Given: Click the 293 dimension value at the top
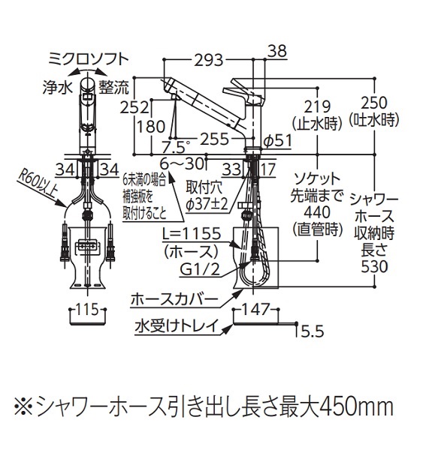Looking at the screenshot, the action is click(209, 60).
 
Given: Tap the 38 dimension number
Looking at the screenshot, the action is click(278, 51).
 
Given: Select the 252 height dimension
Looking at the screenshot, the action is click(134, 108).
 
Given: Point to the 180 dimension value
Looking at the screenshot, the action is click(151, 127).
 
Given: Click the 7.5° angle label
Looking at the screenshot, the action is click(175, 147).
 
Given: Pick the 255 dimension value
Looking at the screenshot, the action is click(214, 139).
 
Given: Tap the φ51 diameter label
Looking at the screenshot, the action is click(278, 141).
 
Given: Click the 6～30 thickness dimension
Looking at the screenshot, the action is click(182, 164).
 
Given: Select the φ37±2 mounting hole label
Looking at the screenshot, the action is click(207, 204).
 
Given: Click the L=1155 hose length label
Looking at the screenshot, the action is click(192, 233).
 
